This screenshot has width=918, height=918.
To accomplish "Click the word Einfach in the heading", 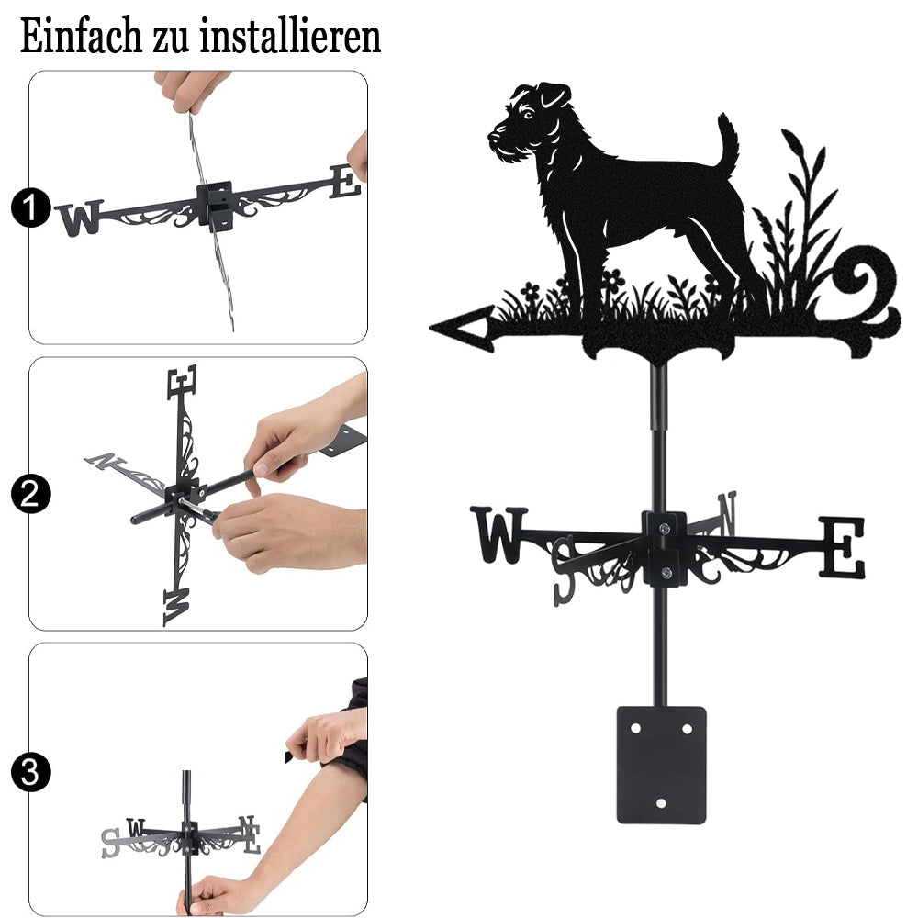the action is pos(81,37).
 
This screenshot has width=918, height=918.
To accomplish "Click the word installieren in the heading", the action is pos(290,37).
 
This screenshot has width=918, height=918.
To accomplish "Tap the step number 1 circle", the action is pos(31,207).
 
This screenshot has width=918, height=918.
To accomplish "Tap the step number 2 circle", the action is pos(31,494).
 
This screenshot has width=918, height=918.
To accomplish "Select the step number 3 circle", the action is pos(31,772).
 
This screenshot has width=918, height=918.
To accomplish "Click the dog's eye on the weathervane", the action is pos(529,113).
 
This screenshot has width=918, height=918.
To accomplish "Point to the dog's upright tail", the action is pos(728,140).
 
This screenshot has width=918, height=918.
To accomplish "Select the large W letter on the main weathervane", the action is pos(498,534).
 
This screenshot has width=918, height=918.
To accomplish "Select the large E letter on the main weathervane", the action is pos(841,547).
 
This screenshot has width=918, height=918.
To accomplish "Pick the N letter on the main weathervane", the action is pos(727,513).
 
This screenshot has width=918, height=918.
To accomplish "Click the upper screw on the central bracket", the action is pos(664,529).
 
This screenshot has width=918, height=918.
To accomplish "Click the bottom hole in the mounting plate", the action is pos(661,803).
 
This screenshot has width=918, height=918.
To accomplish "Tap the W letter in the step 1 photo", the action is pos(80,218).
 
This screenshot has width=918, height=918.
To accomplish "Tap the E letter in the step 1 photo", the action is pos(345,182).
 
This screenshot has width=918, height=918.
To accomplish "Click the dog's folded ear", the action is pos(554,95).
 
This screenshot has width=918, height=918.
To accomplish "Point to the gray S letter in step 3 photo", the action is pos(110,843).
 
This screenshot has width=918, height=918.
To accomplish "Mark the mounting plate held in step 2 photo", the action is pos(344,440).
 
